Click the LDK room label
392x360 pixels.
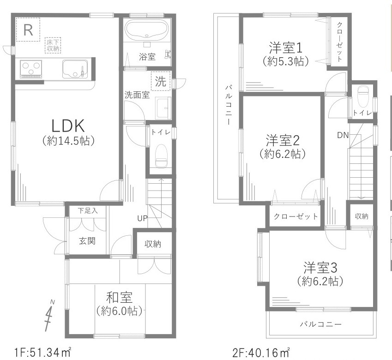[x=68, y=126]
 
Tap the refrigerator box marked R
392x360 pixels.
[x=28, y=30]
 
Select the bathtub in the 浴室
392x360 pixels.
[x=147, y=30]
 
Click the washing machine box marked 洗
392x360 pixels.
[x=160, y=82]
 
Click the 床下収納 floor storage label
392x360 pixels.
[x=53, y=45]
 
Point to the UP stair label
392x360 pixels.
[x=142, y=218]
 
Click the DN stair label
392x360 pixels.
[x=342, y=135]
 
